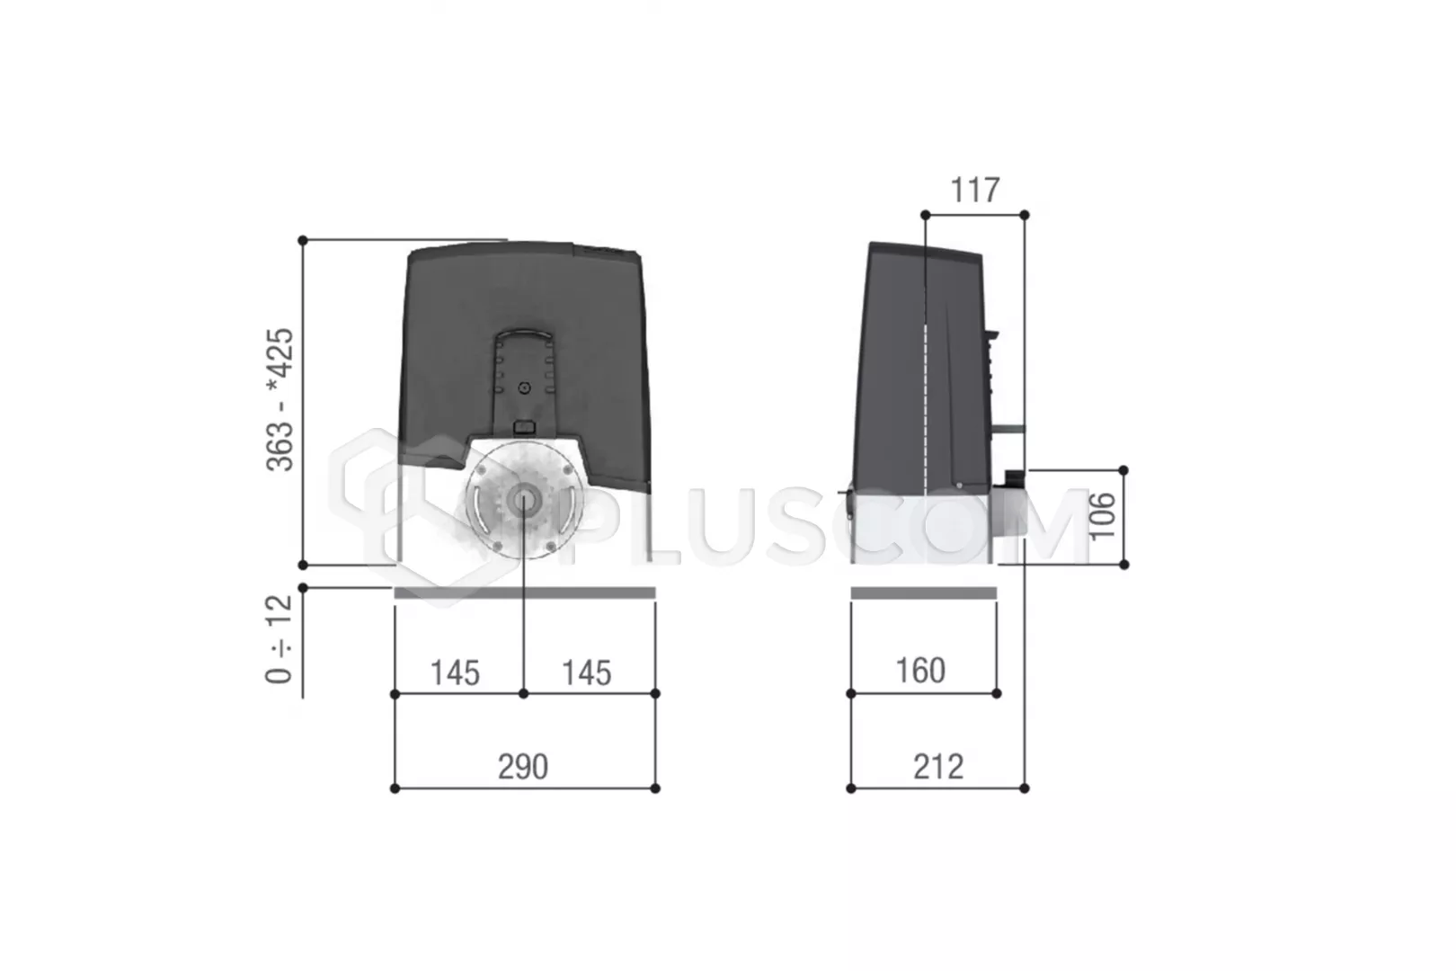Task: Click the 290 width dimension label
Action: click(522, 767)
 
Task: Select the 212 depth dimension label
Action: click(938, 767)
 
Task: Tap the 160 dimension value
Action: click(920, 671)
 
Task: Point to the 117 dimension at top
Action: click(975, 190)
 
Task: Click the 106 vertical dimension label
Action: click(1103, 516)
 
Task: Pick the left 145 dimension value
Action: click(455, 673)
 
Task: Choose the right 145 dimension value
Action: click(586, 673)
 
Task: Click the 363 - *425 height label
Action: click(280, 399)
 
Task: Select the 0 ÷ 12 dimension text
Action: click(280, 638)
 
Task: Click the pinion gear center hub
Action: click(523, 500)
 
